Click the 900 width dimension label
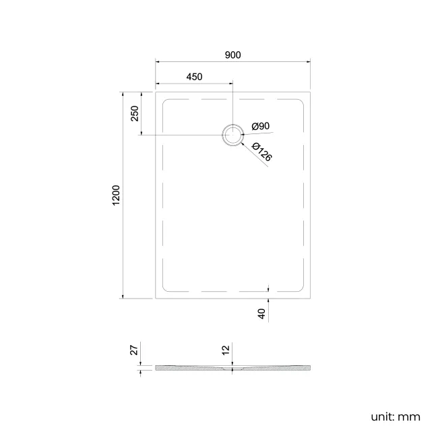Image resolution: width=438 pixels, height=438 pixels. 233,55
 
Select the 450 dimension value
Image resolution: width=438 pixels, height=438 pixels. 194,77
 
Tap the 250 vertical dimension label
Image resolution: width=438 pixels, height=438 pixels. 135,113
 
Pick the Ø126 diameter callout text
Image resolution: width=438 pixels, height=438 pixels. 261,152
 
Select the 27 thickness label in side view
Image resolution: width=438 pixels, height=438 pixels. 134,350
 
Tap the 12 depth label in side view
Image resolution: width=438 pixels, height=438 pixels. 226,350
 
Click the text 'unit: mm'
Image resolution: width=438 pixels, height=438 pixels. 395,416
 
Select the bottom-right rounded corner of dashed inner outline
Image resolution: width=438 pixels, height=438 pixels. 302,288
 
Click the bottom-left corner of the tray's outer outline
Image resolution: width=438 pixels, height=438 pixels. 156,298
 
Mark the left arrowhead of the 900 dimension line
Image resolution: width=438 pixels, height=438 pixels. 158,62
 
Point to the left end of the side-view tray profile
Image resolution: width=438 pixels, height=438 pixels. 156,368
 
